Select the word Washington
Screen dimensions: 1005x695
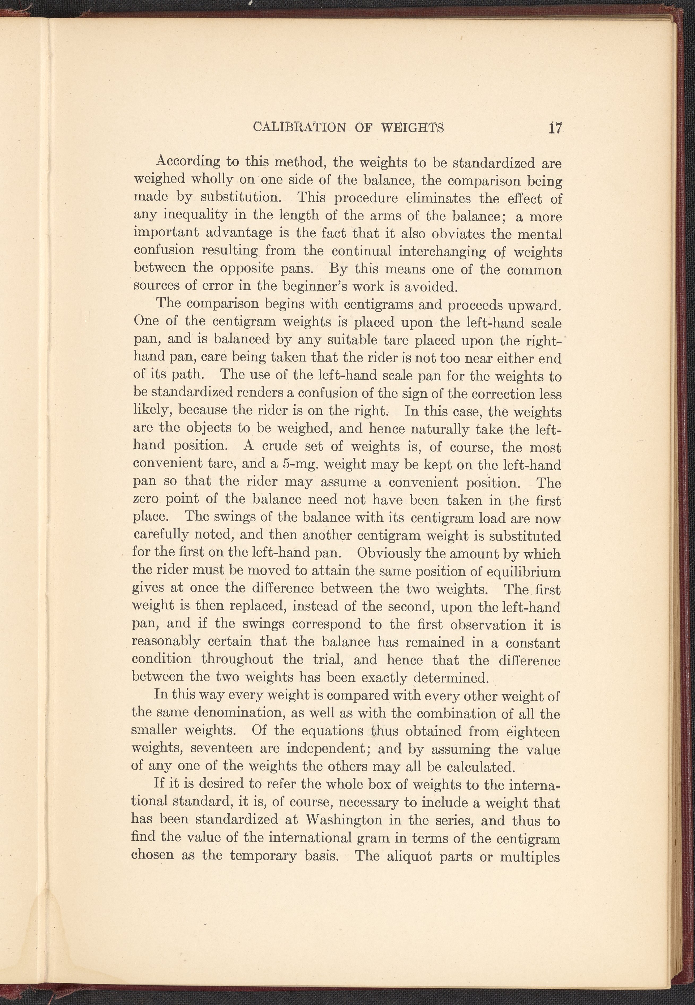click(x=344, y=820)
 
